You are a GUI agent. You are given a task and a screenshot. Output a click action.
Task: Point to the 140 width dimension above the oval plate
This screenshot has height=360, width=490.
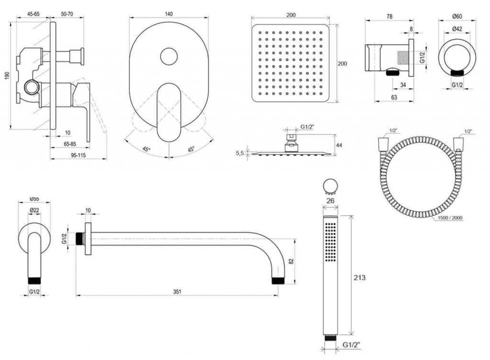(x=168, y=14)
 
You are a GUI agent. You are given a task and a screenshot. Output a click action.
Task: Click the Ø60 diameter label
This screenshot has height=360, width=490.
(x=457, y=17)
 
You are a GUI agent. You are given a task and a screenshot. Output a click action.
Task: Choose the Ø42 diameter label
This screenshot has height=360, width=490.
(x=457, y=29)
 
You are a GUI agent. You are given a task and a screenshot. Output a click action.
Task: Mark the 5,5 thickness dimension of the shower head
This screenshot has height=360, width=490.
(x=240, y=153)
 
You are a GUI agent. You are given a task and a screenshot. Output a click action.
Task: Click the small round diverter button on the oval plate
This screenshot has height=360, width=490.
(x=168, y=56)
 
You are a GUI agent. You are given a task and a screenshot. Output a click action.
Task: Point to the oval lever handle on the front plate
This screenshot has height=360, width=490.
(x=168, y=112)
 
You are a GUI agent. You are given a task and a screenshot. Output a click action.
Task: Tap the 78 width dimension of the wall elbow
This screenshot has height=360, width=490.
(x=389, y=16)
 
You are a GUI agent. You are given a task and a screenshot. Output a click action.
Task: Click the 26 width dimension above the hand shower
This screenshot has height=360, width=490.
(x=330, y=201)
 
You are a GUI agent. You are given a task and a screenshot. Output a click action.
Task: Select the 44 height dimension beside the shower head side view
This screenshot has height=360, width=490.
(x=339, y=145)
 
